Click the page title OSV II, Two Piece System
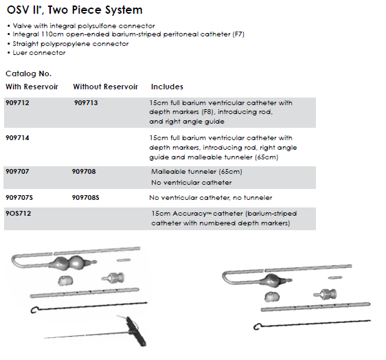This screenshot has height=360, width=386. coord(75,10)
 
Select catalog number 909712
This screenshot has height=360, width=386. coord(17,102)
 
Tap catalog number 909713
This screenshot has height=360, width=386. coord(86,102)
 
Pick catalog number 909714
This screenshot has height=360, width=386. coord(17,137)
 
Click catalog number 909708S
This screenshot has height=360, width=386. coord(85,197)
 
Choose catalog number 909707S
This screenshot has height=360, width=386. coord(19,197)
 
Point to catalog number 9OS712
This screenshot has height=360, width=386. coord(19,213)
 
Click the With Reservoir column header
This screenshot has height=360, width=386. coord(32,87)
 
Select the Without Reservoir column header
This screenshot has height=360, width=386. coord(106,87)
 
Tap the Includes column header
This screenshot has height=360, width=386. coord(167,87)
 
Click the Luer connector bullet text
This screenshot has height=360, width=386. coord(39,53)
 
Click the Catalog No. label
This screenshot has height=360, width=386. coord(29,74)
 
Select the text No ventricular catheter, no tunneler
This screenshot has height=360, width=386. coord(211,197)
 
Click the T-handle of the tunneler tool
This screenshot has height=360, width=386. coord(136,331)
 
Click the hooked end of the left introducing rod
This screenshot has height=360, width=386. coord(34,310)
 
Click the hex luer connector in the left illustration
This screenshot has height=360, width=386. coord(113,278)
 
